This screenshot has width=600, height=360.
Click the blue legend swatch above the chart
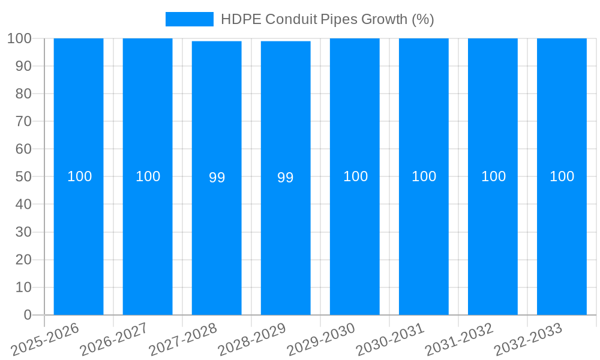189,19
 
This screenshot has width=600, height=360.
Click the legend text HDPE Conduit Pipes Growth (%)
327,19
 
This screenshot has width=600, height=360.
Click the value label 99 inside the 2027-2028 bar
217,178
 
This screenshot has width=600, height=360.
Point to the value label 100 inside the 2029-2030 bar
355,176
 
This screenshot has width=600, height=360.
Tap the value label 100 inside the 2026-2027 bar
148,176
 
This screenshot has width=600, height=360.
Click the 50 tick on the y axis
23,177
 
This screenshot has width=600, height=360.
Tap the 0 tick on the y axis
27,315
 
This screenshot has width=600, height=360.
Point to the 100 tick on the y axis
19,38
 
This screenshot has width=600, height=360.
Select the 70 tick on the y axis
23,121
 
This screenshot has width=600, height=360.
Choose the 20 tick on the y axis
23,260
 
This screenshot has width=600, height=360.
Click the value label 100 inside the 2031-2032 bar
493,176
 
